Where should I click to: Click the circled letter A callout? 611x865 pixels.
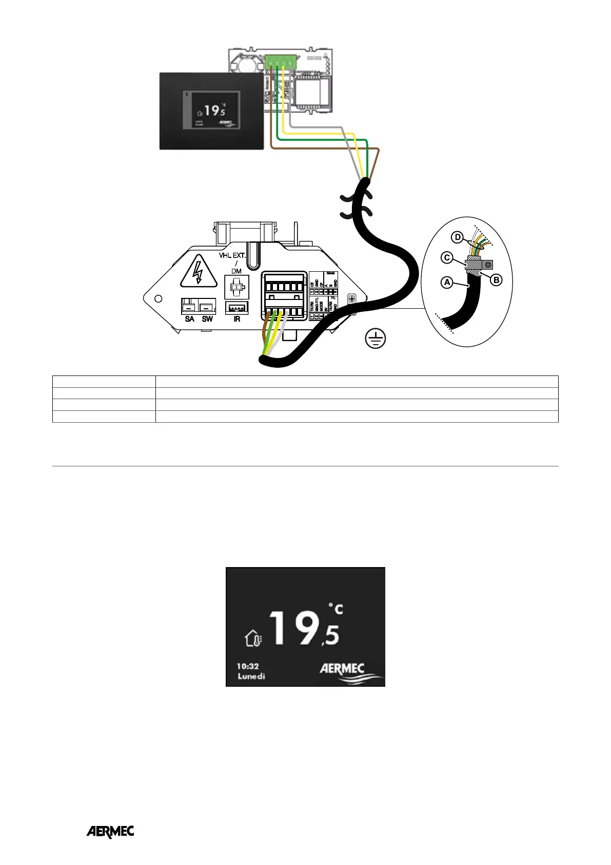pos(447,282)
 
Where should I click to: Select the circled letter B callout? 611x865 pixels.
pos(496,280)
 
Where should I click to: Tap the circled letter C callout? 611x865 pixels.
pos(447,257)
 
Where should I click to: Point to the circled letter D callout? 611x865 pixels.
pos(457,237)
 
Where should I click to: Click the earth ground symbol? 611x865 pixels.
pos(376,339)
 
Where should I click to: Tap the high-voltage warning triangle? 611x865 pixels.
pos(197,272)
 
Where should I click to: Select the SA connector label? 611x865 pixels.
pos(190,319)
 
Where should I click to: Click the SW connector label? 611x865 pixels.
pos(207,319)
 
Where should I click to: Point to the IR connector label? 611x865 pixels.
pos(236,319)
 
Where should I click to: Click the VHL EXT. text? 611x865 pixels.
pos(232,255)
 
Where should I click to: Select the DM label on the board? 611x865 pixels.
pos(236,271)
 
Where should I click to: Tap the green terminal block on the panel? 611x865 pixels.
pos(280,62)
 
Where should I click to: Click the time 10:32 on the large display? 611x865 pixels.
pos(248,666)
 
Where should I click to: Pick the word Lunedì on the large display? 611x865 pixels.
pos(251,676)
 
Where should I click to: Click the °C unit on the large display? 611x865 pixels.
pos(336,609)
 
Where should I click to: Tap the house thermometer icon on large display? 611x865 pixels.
pos(253,638)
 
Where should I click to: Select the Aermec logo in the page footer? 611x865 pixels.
pos(110,832)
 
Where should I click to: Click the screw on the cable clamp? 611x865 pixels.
pos(488,265)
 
